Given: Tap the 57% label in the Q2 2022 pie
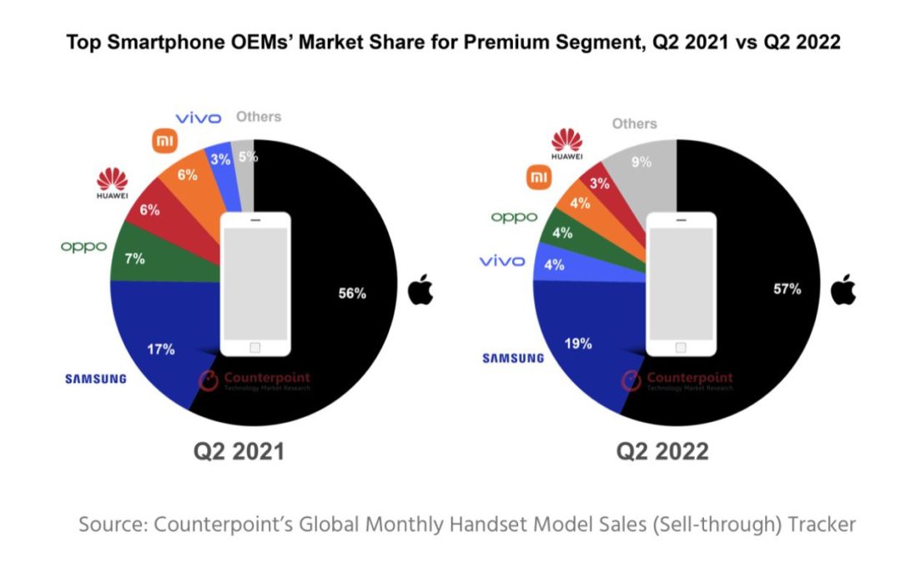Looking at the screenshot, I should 787,289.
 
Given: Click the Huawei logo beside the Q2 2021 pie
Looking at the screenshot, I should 112,184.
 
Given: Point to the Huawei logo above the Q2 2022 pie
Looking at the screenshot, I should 566,143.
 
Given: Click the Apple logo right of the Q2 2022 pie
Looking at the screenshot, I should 843,289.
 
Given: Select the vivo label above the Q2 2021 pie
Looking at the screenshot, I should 198,118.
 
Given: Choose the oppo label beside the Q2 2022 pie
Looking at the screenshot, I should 514,217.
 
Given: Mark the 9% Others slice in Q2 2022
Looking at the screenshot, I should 642,163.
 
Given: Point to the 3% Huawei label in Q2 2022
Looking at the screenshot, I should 599,183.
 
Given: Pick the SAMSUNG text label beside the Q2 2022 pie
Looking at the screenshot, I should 513,359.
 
